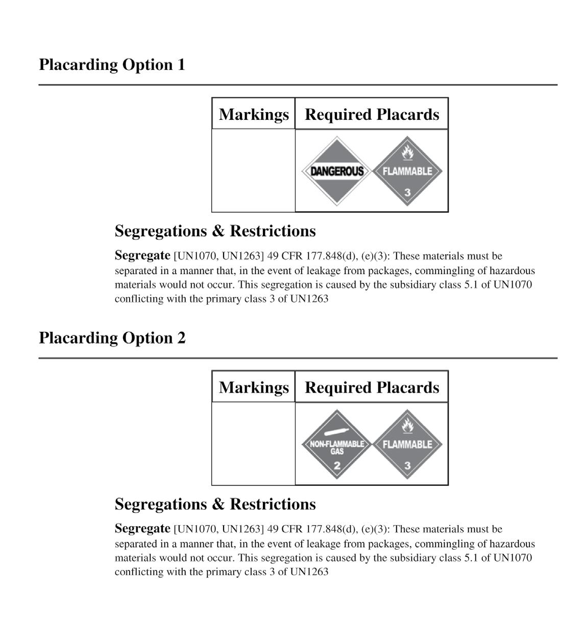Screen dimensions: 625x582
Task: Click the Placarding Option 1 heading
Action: (x=112, y=65)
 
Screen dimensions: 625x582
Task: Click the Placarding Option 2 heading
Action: (x=112, y=338)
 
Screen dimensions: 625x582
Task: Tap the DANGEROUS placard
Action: (x=337, y=171)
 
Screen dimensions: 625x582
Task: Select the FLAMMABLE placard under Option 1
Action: (x=407, y=171)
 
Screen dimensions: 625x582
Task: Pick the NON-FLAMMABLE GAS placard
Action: (x=337, y=445)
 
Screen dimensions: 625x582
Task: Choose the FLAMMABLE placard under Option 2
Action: (x=407, y=445)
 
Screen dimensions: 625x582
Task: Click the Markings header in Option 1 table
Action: (x=254, y=114)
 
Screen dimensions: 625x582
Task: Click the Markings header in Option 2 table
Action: (x=254, y=387)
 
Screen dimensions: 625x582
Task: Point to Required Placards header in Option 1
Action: (x=372, y=114)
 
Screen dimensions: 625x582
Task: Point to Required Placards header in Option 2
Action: (x=372, y=387)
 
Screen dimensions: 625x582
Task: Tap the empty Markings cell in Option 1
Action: (x=254, y=170)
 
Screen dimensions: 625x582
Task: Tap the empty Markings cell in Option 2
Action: (x=254, y=444)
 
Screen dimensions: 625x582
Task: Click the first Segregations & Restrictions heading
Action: (x=215, y=231)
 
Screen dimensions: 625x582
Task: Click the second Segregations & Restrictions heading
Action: (x=215, y=504)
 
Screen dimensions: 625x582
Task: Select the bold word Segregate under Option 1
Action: (x=142, y=255)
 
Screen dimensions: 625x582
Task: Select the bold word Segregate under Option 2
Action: (x=142, y=528)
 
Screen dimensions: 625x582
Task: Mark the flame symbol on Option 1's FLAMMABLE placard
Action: (x=407, y=152)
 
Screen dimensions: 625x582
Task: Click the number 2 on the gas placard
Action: (x=337, y=465)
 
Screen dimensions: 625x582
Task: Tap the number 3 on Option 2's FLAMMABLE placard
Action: (x=407, y=465)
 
